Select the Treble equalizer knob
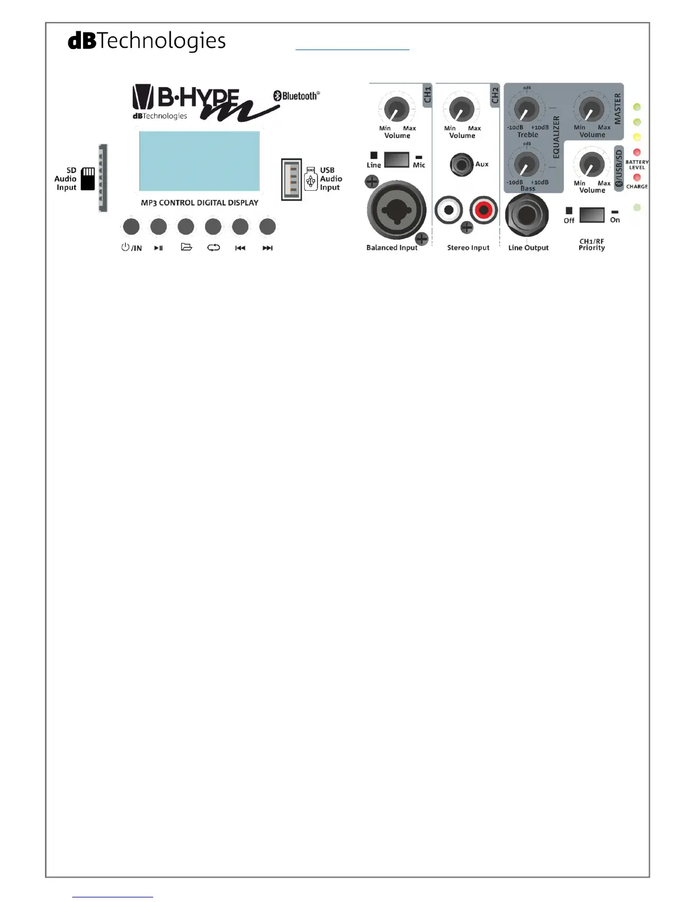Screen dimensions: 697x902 pos(527,108)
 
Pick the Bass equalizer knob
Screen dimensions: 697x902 pos(527,164)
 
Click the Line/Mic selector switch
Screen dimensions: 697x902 pos(396,159)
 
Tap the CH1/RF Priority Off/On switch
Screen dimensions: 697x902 pos(592,215)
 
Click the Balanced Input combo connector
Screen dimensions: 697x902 pos(396,211)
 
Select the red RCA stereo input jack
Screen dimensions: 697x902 pos(483,210)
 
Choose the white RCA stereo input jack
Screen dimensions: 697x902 pos(449,210)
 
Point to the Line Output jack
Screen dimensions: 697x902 pos(527,216)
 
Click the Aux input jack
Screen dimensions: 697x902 pos(462,165)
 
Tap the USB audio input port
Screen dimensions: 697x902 pos(292,179)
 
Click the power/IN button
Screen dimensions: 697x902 pos(131,227)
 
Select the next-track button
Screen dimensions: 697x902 pos(267,227)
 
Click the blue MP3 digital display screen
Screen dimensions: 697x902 pos(199,161)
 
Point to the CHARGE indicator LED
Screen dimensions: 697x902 pos(637,178)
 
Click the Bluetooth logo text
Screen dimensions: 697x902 pos(297,96)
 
